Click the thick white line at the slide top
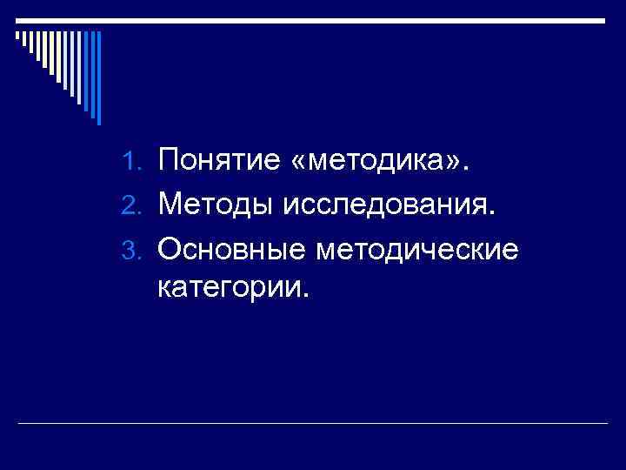313,19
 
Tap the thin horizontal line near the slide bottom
313,424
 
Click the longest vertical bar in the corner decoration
98,78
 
